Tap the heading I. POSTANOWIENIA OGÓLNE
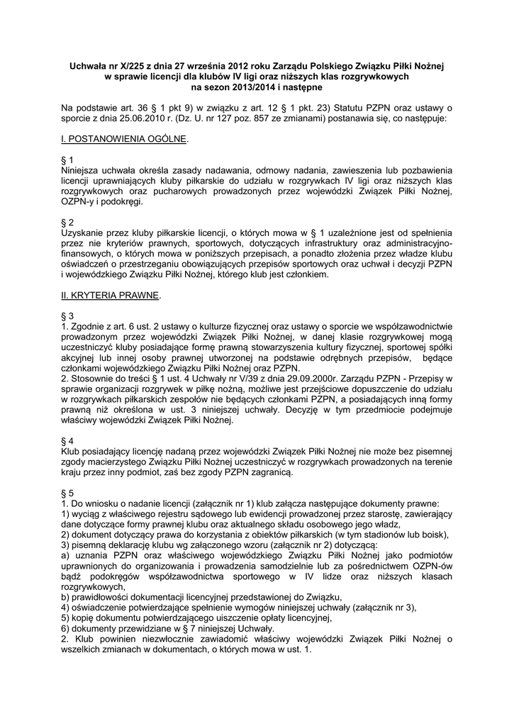[124, 140]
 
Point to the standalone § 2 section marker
[67, 222]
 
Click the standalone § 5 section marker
[67, 493]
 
